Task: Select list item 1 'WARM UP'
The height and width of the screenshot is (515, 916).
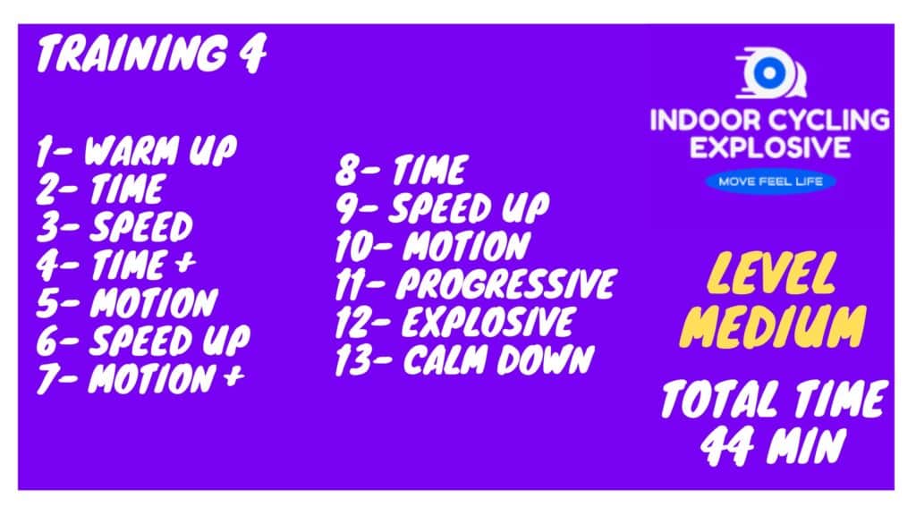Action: click(137, 150)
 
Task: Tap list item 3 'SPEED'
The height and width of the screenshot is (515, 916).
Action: click(114, 226)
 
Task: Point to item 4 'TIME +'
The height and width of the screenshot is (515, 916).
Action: click(115, 265)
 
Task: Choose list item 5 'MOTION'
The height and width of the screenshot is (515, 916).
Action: click(127, 302)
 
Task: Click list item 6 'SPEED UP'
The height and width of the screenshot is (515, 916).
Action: click(143, 341)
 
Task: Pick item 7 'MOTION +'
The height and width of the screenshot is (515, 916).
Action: click(140, 378)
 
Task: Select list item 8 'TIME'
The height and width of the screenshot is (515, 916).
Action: click(402, 170)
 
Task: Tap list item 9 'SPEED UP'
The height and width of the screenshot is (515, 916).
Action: click(442, 207)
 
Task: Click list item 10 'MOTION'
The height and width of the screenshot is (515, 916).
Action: click(433, 246)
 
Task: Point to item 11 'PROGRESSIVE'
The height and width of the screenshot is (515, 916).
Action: click(476, 283)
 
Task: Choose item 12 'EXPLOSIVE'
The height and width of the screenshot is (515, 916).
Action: click(455, 322)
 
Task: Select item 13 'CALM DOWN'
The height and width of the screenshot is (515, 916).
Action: click(465, 359)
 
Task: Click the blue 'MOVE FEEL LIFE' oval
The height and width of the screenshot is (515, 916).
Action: click(770, 182)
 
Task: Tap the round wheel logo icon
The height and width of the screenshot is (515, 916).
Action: click(770, 73)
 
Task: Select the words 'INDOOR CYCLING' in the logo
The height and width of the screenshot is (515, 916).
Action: click(769, 120)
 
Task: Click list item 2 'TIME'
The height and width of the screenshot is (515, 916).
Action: click(100, 189)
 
